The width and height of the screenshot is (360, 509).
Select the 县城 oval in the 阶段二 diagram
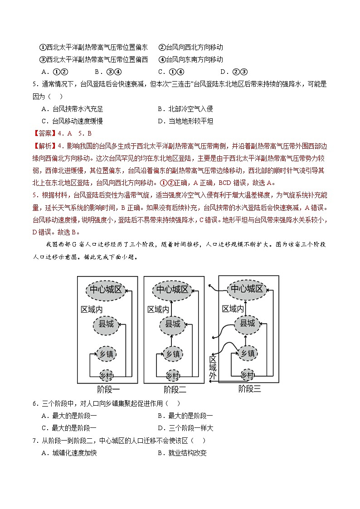coord(172,324)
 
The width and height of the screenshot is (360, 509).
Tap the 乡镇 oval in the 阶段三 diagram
coord(247,353)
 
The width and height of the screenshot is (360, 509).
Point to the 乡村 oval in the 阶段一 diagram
coord(106,375)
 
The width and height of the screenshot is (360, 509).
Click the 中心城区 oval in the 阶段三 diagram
coord(247,289)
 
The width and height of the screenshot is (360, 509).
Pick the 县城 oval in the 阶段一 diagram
coord(106,324)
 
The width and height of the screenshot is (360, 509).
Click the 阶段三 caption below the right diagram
coord(249,388)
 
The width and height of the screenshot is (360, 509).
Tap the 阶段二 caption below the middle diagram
coord(175,389)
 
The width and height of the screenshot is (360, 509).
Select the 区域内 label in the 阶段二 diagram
coord(158,309)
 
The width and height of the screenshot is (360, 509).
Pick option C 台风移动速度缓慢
coord(72,121)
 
